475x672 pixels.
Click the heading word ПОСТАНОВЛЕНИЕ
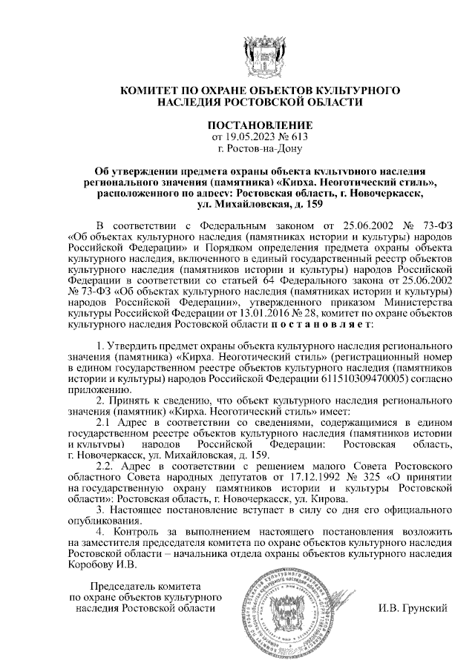tap(260, 124)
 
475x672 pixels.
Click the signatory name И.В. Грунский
tap(411, 608)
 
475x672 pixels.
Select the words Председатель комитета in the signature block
tap(145, 587)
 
